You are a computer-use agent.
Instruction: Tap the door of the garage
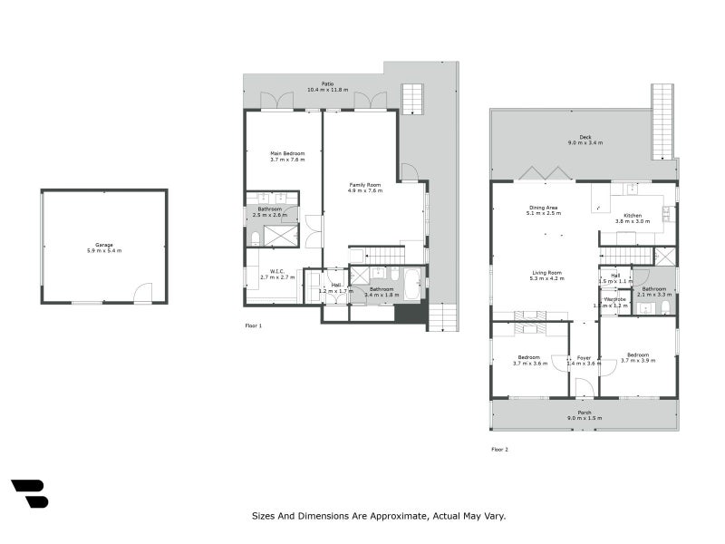tap(142, 293)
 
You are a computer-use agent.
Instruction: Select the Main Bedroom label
tap(286, 154)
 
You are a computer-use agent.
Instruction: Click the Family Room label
tap(366, 185)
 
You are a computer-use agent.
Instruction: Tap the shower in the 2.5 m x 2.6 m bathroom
tap(281, 236)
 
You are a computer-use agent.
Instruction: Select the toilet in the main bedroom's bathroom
tap(255, 238)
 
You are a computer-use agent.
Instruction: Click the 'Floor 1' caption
tap(254, 325)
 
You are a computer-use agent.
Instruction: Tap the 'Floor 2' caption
tap(500, 449)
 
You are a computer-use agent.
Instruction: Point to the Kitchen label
tap(632, 215)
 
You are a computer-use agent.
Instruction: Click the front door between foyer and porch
tap(585, 389)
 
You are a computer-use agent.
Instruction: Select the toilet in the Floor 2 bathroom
tap(666, 307)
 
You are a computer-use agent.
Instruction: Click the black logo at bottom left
tap(29, 493)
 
